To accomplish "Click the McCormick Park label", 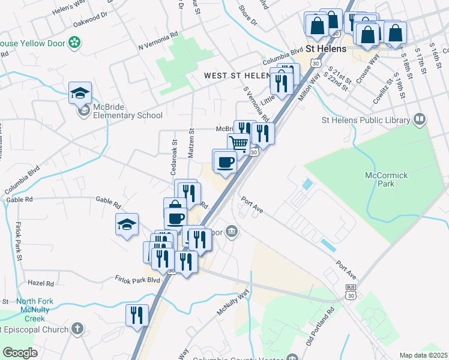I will point(386,179).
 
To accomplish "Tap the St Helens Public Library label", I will point(366,120).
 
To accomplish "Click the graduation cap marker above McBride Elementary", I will point(80,93).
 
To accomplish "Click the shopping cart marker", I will point(239,145).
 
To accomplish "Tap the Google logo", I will point(19,353).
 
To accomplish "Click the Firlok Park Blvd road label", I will point(137,280).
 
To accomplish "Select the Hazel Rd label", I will point(41,283).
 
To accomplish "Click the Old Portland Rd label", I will point(319,327).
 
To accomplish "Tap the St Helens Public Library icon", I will point(419,120).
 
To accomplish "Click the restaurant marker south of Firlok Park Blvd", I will point(137,316).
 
